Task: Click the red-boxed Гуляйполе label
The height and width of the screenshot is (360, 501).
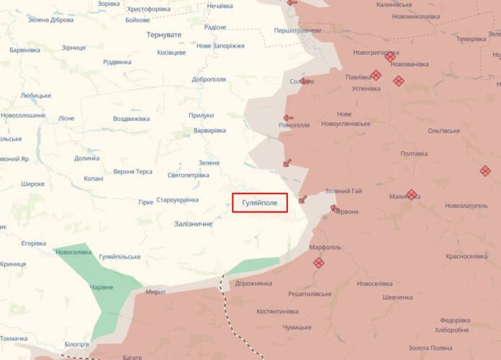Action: (x=260, y=203)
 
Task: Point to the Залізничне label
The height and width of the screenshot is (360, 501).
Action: (x=194, y=224)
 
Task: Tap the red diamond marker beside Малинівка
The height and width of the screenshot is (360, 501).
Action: (x=411, y=194)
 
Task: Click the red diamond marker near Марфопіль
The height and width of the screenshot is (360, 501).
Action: (x=318, y=264)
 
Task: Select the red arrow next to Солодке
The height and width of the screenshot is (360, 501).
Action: (x=305, y=81)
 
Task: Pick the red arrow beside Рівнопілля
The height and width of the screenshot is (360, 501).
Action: (x=288, y=118)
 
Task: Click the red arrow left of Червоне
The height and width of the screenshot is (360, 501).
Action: (x=334, y=209)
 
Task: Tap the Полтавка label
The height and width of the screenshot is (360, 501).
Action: (x=414, y=153)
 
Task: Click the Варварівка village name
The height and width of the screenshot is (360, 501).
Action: (x=209, y=130)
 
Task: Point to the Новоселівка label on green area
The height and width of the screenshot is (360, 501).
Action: (x=73, y=251)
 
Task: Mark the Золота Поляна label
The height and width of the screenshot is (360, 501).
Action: (x=430, y=348)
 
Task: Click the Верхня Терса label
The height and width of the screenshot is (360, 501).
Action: (x=132, y=171)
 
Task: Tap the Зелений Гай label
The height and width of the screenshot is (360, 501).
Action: (x=343, y=191)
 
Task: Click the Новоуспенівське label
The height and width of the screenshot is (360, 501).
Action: (x=346, y=123)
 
